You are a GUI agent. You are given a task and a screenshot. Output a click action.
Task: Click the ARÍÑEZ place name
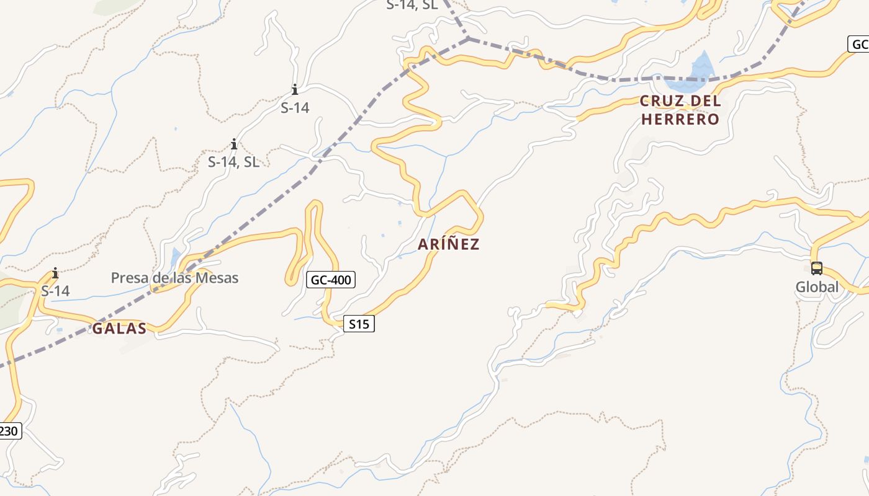pyautogui.click(x=448, y=244)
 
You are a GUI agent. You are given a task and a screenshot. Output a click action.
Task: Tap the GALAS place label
pyautogui.click(x=119, y=329)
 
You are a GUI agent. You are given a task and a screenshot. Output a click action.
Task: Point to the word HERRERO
pyautogui.click(x=680, y=119)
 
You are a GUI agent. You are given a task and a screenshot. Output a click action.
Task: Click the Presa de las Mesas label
pyautogui.click(x=174, y=278)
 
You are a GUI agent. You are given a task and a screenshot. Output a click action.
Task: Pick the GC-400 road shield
pyautogui.click(x=331, y=280)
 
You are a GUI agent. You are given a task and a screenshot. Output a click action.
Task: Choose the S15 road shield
pyautogui.click(x=359, y=324)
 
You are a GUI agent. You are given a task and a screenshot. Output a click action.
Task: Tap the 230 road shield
pyautogui.click(x=9, y=431)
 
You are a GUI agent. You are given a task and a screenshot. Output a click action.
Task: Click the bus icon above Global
pyautogui.click(x=817, y=268)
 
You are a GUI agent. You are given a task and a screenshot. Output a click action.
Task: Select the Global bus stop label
pyautogui.click(x=817, y=287)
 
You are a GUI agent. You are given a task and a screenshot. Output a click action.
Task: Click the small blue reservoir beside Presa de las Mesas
pyautogui.click(x=176, y=255)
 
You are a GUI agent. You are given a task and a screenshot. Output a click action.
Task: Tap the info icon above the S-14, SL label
pyautogui.click(x=233, y=145)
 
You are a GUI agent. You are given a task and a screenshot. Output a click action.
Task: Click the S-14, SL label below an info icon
pyautogui.click(x=233, y=162)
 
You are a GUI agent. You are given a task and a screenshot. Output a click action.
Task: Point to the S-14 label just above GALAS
pyautogui.click(x=55, y=291)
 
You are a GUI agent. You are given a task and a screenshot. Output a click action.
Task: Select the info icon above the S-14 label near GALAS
pyautogui.click(x=55, y=273)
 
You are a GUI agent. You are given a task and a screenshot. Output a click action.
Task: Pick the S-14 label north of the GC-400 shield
pyautogui.click(x=295, y=108)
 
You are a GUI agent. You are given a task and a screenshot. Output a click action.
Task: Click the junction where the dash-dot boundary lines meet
pyautogui.click(x=469, y=38)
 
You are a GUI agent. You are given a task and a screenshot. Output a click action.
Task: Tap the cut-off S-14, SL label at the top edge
pyautogui.click(x=412, y=5)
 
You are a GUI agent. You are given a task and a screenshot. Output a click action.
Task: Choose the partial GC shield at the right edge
pyautogui.click(x=858, y=45)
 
